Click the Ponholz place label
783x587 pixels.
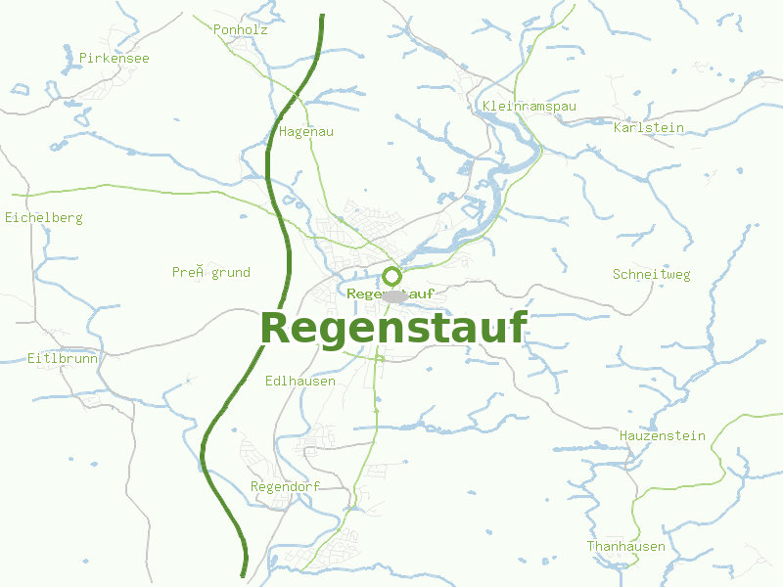coord(240,30)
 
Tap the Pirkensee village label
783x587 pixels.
coord(115,59)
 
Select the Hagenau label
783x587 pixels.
coord(306,131)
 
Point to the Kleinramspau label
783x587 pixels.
coord(530,106)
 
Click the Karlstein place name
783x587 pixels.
coord(648,128)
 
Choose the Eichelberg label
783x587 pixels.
coord(44,217)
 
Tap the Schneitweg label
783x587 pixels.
coord(651,275)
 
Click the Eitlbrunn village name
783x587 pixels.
coord(63,358)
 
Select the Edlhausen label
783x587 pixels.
coord(300,381)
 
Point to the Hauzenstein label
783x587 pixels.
coord(662,435)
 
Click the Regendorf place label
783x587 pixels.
coord(285,486)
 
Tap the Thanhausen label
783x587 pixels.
coord(626,546)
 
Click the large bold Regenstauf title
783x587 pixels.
coord(393,328)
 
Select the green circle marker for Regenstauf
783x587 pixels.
coord(392,276)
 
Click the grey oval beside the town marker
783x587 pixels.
coord(395,295)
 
